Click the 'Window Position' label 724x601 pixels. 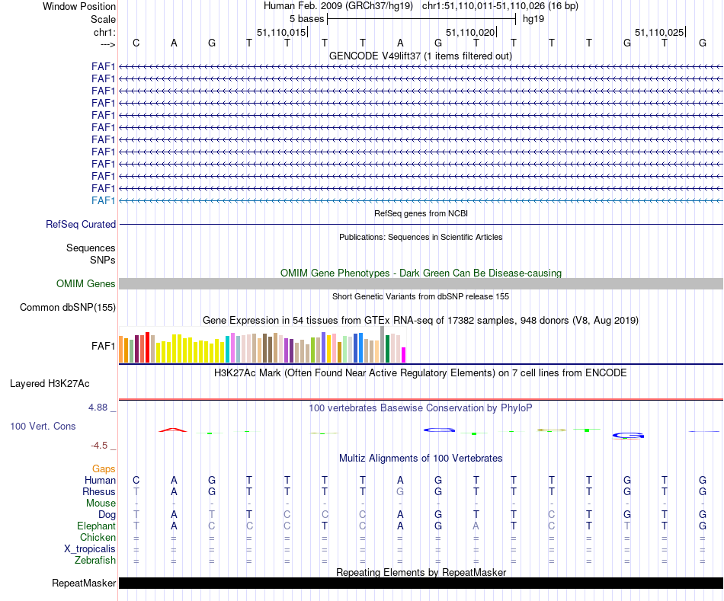79,6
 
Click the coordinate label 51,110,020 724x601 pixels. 470,32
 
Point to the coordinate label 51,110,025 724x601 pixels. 659,32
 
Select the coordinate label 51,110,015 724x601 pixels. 281,32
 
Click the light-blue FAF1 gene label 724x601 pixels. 104,200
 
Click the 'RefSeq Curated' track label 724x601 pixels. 81,225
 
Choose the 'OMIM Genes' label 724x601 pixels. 86,284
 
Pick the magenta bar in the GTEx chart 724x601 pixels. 404,355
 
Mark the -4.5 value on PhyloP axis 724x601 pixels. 101,446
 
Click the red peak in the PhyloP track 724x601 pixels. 173,430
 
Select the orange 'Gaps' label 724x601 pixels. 104,468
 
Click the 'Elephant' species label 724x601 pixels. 97,526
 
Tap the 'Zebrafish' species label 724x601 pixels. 95,561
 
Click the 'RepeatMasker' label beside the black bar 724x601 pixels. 84,583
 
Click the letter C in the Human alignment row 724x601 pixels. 136,480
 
